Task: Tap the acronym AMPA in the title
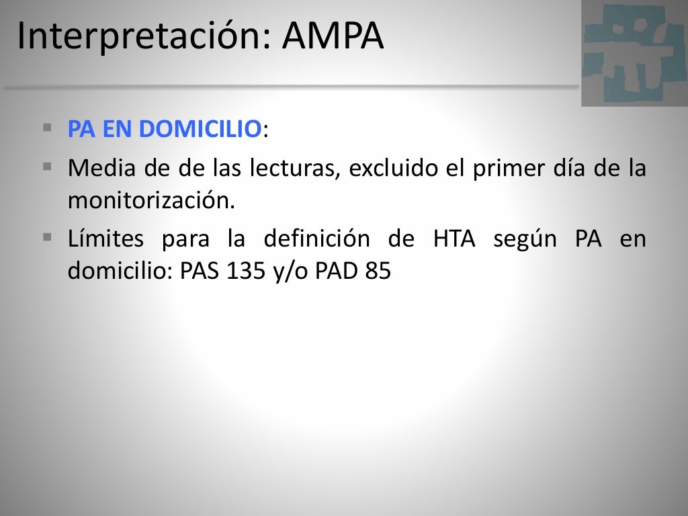click(333, 37)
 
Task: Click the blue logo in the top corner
click(634, 52)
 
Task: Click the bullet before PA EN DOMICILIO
click(47, 126)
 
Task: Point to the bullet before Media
click(47, 165)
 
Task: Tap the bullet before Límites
click(47, 236)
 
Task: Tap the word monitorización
click(152, 200)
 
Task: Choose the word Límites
click(105, 239)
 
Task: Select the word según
click(525, 240)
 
